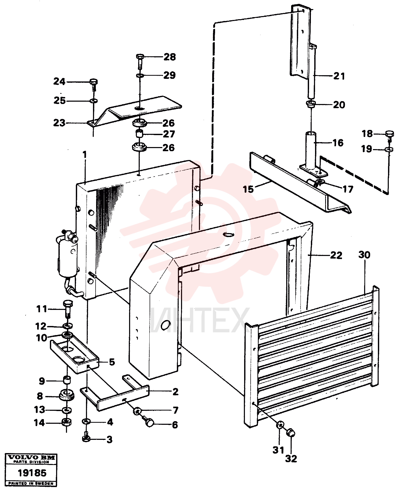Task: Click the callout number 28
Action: click(170, 57)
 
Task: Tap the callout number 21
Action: click(339, 76)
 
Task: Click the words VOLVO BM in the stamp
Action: click(31, 457)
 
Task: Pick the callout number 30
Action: click(364, 255)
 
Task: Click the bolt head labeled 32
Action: click(291, 433)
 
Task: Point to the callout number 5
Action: click(112, 362)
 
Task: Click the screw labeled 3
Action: click(86, 439)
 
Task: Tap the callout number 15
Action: click(248, 189)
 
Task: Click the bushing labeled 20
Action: click(311, 105)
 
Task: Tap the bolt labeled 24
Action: click(94, 84)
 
